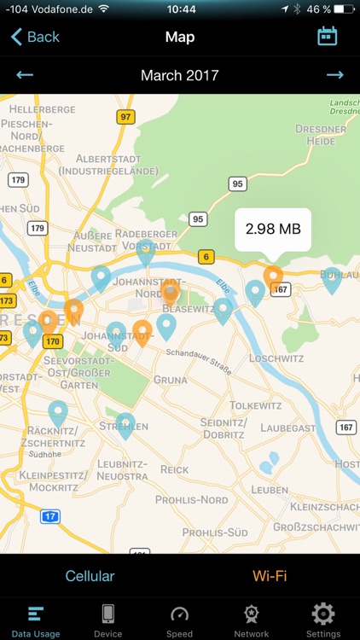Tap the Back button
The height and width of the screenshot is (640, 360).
coord(35,37)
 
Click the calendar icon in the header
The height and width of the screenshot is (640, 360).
coord(327,36)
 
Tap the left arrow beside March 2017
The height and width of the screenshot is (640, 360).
coord(25,75)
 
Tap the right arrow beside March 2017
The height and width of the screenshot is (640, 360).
coord(334,75)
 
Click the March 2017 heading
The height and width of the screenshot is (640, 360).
coord(179,75)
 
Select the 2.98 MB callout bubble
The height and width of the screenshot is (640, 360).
coord(273,229)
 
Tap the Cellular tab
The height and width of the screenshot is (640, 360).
coord(90,576)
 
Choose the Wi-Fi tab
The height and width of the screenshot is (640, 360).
coord(270,576)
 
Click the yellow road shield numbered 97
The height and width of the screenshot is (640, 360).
coord(126,117)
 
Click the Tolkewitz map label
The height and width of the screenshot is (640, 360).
coord(254,404)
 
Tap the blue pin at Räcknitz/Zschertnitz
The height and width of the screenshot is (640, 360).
coord(58,413)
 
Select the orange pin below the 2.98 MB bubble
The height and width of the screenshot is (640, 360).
coord(273,276)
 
